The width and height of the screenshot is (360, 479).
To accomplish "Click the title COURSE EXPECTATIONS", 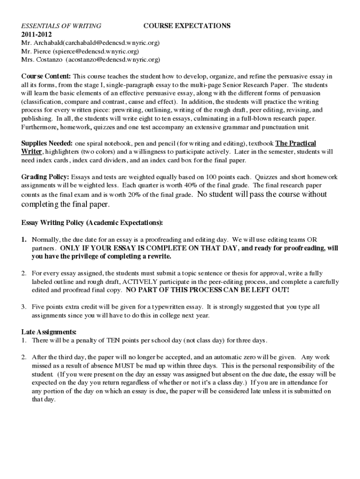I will pyautogui.click(x=187, y=26).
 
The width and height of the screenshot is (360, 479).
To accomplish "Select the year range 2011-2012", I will pyautogui.click(x=36, y=35).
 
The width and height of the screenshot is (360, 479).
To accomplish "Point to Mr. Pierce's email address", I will pyautogui.click(x=96, y=51).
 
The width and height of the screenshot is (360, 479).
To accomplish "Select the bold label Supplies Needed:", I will pyautogui.click(x=47, y=143).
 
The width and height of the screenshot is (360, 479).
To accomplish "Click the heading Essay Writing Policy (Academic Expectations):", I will pyautogui.click(x=92, y=222).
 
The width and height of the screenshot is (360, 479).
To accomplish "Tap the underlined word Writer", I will pyautogui.click(x=32, y=152).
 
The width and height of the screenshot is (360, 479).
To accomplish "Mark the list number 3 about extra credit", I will pyautogui.click(x=23, y=307).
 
